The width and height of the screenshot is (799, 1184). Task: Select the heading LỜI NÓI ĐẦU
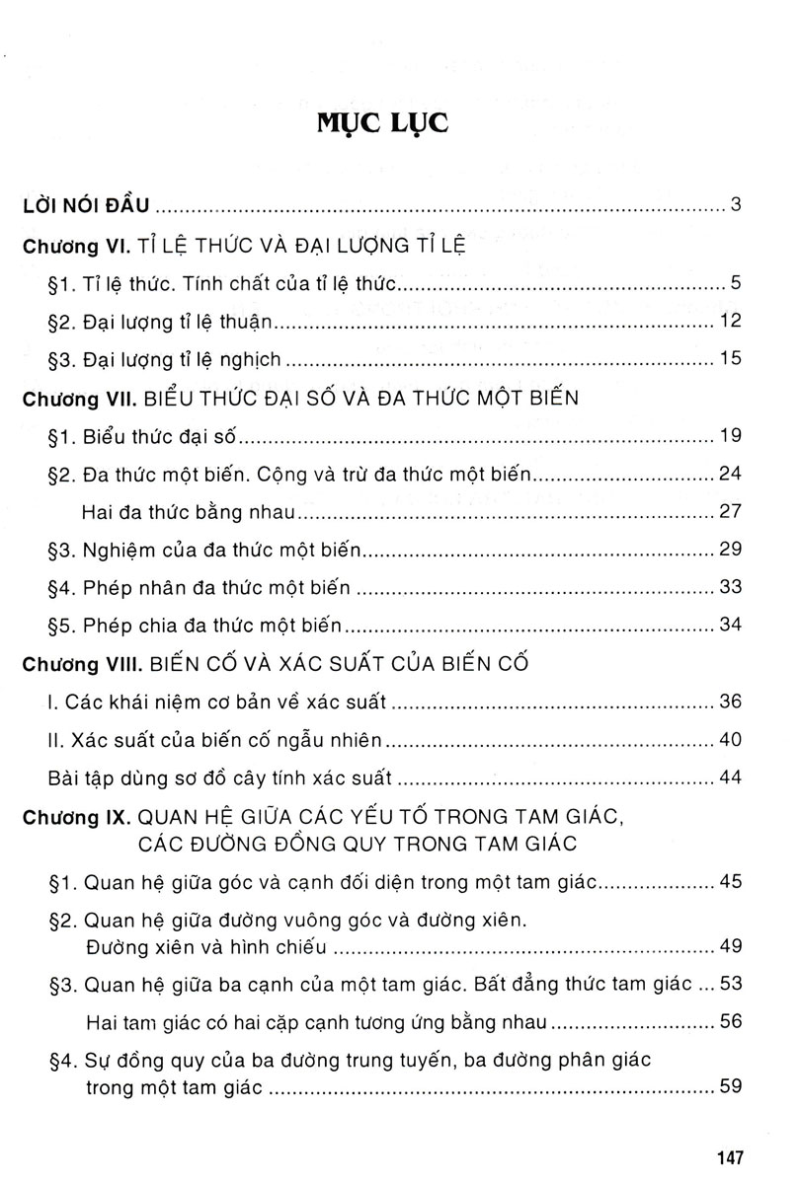click(x=86, y=206)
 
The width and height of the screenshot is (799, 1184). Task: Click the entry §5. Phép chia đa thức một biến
click(x=195, y=626)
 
